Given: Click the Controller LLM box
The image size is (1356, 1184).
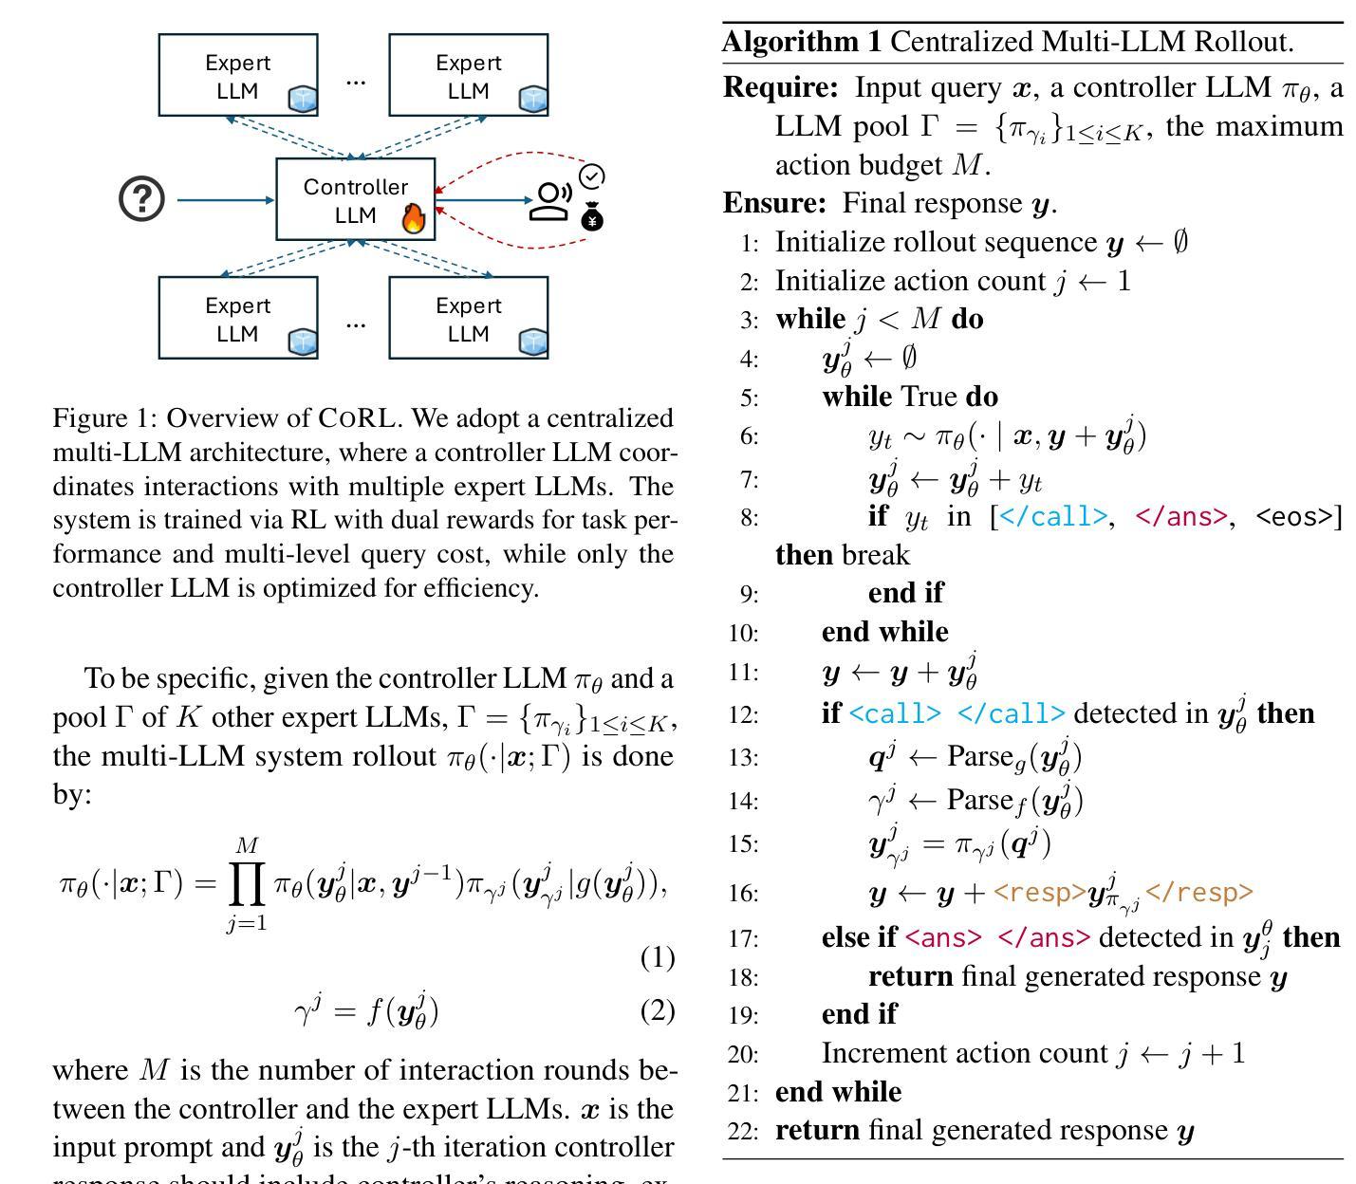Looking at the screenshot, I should tap(355, 199).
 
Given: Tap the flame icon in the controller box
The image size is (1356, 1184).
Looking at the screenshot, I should tap(414, 218).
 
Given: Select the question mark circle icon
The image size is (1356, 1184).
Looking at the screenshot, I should tap(142, 199).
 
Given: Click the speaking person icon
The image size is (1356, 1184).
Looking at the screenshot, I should tap(550, 201).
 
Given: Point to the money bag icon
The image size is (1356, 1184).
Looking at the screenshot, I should tap(593, 217).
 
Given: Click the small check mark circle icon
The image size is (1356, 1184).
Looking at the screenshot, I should tap(592, 176).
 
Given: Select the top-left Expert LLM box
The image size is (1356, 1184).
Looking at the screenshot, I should tap(237, 75).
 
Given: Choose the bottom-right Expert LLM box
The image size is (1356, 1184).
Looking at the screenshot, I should tap(468, 318).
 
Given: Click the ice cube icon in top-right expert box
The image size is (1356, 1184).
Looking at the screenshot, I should tap(532, 99).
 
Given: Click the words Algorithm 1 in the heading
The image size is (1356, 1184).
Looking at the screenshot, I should tap(801, 42).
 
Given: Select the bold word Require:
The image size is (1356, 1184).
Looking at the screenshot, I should tap(780, 87).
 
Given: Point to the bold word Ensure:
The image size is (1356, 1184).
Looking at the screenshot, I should tap(774, 203).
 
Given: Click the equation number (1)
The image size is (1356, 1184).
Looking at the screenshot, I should tap(658, 957).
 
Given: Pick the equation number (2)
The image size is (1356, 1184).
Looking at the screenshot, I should tap(658, 1010).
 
